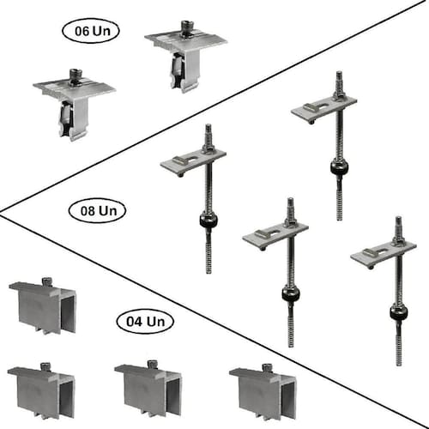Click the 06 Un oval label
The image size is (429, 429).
tap(91, 31)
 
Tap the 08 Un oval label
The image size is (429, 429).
tap(98, 211)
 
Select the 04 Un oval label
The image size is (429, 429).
tap(145, 322)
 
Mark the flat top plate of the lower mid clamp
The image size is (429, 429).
tap(75, 88)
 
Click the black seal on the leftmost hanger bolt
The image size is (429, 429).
tap(208, 221)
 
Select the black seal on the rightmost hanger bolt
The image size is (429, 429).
tap(398, 313)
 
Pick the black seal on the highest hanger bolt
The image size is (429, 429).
tap(339, 167)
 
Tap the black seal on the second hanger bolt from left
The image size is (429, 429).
tap(291, 294)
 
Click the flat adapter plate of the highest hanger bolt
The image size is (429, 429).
tap(324, 109)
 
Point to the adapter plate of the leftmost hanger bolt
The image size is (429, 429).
tap(193, 162)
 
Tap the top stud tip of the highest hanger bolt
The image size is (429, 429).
tap(339, 73)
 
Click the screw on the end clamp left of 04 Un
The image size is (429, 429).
tap(46, 281)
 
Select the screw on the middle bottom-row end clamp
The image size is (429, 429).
tap(153, 365)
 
